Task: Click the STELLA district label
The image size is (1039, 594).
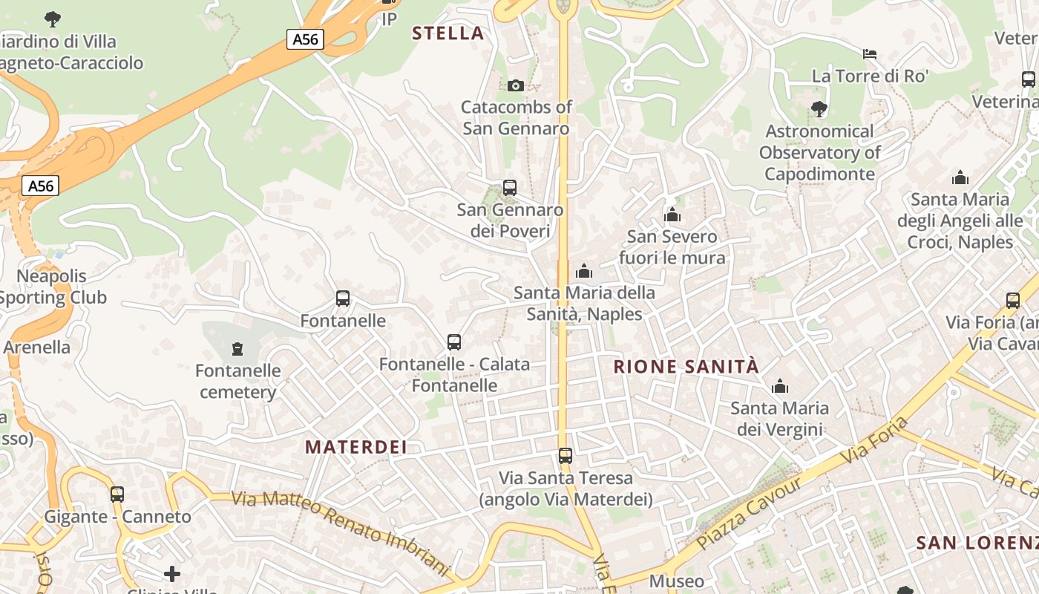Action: click(448, 33)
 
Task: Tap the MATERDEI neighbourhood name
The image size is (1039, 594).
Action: click(356, 446)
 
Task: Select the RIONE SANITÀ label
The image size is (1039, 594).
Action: click(686, 366)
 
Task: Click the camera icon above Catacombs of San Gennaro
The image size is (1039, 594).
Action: click(516, 85)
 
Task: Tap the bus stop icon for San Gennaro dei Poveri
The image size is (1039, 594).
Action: click(509, 188)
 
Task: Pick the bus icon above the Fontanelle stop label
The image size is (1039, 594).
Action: click(343, 298)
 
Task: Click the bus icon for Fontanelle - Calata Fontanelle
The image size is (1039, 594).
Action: click(454, 342)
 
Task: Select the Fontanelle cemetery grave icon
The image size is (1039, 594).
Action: click(237, 348)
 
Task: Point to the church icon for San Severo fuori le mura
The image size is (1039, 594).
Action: click(672, 215)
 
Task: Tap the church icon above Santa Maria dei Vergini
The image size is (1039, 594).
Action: click(779, 386)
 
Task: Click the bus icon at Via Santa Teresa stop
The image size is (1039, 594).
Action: click(566, 455)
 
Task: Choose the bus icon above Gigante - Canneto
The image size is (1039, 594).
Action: click(117, 495)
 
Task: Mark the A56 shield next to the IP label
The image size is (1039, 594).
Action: click(305, 39)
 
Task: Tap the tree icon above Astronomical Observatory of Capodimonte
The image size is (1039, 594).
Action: click(819, 109)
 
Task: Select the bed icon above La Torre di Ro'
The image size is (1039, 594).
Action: click(870, 53)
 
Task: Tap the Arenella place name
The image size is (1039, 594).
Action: click(37, 347)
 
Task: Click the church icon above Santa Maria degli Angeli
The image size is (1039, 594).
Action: click(960, 177)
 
